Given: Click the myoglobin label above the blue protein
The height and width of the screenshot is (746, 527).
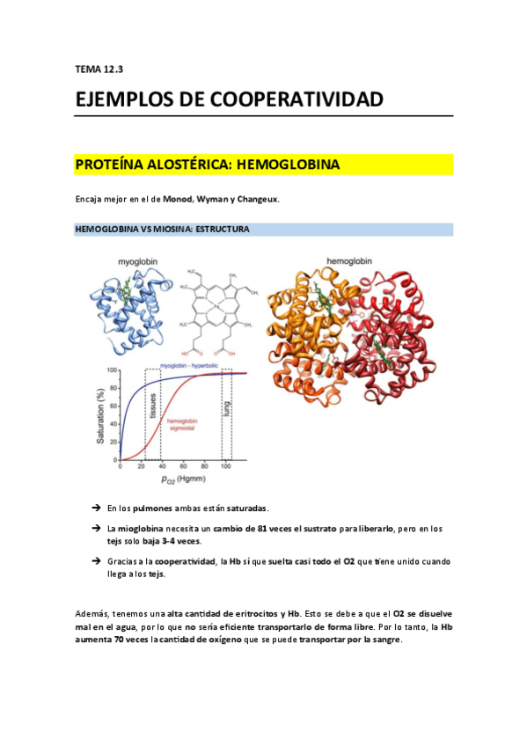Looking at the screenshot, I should [x=137, y=262].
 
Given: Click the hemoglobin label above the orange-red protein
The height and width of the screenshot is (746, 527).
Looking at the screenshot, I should [x=349, y=261].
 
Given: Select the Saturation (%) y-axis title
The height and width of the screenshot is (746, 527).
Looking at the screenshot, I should [x=102, y=415].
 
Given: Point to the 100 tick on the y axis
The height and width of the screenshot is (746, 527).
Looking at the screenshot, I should [x=113, y=370].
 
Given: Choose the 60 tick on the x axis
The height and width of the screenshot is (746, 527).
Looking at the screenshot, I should [x=184, y=466].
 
